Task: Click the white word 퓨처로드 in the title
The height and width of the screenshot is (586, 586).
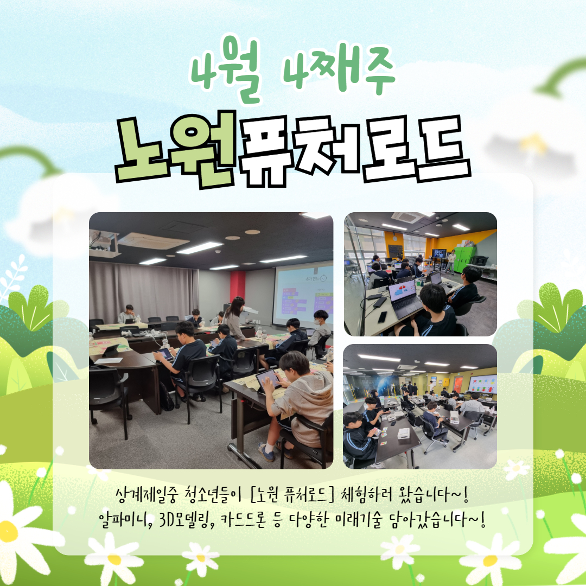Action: coord(354,150)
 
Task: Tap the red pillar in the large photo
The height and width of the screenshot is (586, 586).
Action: coord(237,286)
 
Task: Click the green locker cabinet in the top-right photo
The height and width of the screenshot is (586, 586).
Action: coord(464,259)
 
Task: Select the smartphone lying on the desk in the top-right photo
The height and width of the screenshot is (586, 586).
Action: coord(382,317)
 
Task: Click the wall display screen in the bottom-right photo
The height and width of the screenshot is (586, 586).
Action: coord(482,385)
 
